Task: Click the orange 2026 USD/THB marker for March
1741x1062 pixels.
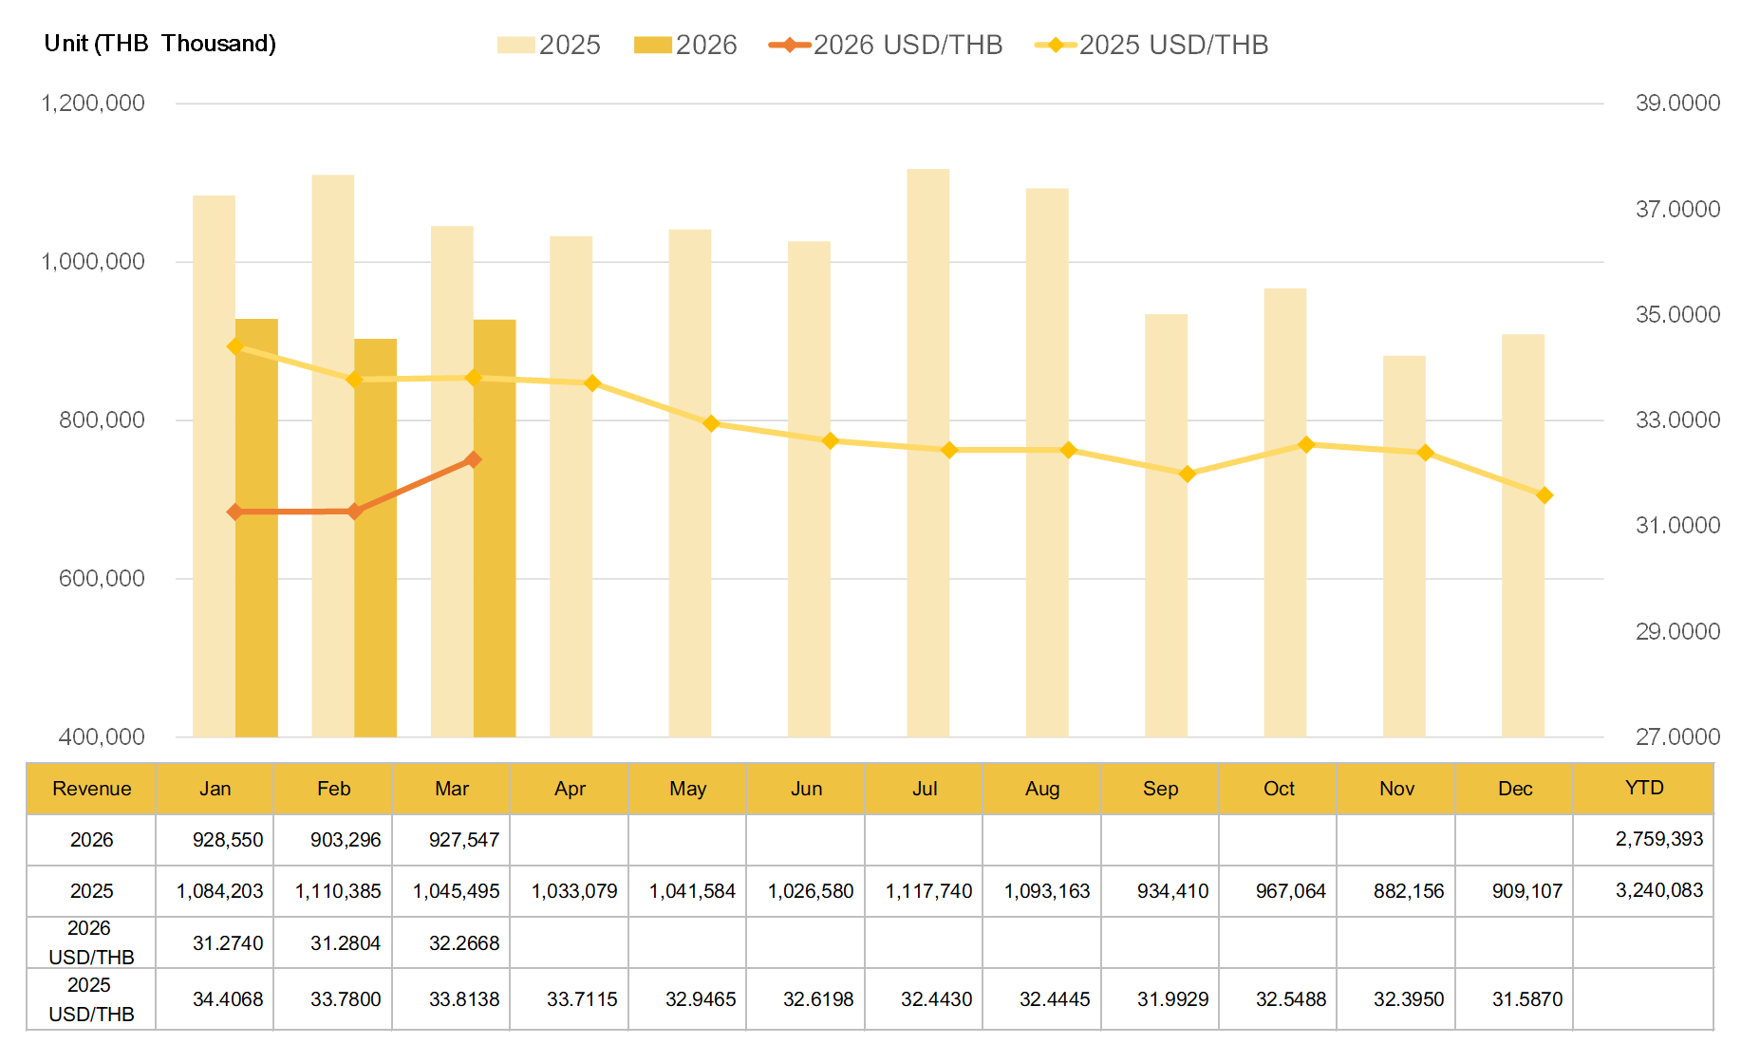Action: tap(473, 459)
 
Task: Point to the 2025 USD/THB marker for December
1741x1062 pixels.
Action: tap(1544, 495)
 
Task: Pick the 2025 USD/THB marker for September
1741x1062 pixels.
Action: tap(1187, 474)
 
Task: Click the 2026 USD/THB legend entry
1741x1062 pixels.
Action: tap(886, 45)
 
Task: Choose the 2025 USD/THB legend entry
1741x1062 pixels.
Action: tap(1151, 45)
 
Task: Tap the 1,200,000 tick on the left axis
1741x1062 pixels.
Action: tap(93, 102)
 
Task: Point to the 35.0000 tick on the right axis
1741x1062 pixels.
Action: tap(1676, 314)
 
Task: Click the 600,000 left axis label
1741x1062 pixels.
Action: tap(102, 578)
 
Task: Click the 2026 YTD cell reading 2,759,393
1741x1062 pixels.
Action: tap(1658, 839)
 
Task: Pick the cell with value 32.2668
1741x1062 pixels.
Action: tap(463, 943)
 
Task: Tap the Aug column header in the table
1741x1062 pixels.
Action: tap(1041, 789)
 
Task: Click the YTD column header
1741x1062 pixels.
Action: tap(1643, 788)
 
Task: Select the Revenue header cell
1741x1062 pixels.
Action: tap(91, 789)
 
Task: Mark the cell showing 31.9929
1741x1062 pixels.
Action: tap(1172, 999)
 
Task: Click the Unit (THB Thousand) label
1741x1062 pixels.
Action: tap(159, 44)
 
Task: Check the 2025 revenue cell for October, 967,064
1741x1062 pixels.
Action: tap(1290, 891)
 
